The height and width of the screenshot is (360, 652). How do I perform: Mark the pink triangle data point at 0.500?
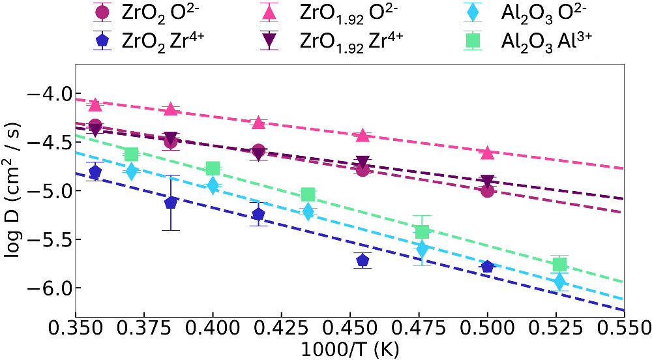click(x=487, y=152)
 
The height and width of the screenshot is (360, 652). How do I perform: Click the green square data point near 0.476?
click(x=422, y=232)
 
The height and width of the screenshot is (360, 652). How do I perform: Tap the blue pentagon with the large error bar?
click(x=171, y=202)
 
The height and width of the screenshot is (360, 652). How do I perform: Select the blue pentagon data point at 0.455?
click(x=363, y=260)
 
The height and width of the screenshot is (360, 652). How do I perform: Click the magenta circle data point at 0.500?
click(x=487, y=190)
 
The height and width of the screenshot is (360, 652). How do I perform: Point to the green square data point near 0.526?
click(x=559, y=264)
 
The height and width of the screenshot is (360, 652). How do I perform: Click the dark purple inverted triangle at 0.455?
click(x=363, y=162)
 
